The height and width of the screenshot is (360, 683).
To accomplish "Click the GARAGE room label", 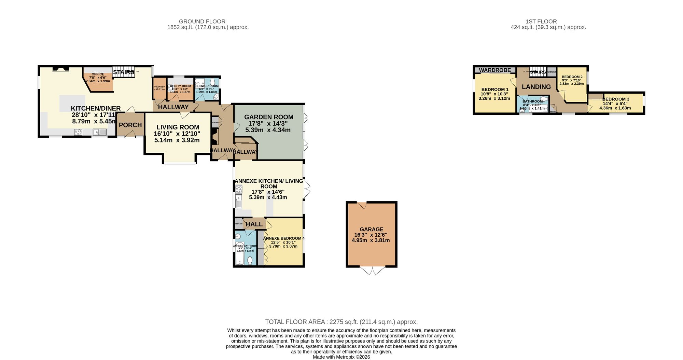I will [371, 230].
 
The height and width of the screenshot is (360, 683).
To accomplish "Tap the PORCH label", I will [130, 125].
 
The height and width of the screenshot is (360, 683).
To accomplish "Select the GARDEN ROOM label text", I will [268, 117].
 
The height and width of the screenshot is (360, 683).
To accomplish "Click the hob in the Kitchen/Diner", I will [78, 132].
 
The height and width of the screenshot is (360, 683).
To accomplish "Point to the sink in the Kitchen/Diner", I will [100, 132].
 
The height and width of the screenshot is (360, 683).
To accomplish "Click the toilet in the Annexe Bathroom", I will [250, 261].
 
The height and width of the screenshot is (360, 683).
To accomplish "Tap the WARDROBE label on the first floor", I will [495, 70].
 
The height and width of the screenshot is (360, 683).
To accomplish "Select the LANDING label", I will [536, 87].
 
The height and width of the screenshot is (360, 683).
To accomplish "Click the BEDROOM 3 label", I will [616, 99].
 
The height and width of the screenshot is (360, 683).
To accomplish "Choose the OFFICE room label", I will [98, 74].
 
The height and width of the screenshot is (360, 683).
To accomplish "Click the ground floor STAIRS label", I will [123, 72].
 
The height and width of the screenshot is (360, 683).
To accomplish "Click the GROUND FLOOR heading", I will [202, 22].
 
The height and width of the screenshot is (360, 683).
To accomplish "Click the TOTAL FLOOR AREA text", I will [341, 322].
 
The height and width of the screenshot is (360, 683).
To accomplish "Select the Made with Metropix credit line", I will [341, 357].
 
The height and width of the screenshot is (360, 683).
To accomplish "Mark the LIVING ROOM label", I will [178, 127].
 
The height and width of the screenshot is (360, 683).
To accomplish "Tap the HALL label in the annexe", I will [254, 224].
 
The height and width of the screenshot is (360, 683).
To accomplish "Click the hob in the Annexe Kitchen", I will [239, 189].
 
